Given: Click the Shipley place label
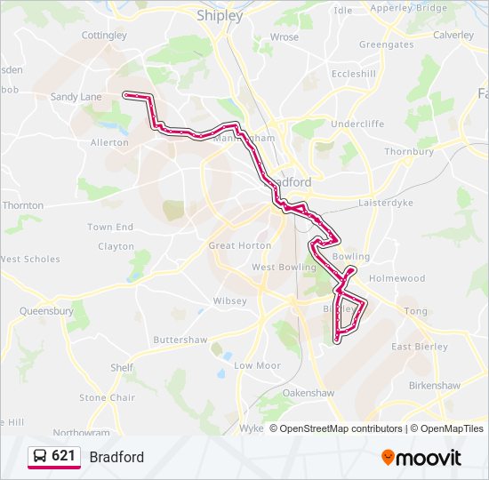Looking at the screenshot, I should click(219, 15).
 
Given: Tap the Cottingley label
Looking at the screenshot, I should click(104, 36).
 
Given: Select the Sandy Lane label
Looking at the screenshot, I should click(76, 97).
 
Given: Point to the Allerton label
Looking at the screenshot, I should click(109, 142).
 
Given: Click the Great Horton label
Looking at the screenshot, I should click(239, 245).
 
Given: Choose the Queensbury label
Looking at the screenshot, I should click(46, 311).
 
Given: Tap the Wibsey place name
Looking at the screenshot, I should click(229, 300).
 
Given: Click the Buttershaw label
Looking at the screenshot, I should click(180, 340).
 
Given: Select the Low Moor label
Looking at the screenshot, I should click(257, 365).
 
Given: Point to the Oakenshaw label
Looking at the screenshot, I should click(308, 392).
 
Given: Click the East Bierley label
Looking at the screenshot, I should click(420, 347).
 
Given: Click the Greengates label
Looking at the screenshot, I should click(386, 44).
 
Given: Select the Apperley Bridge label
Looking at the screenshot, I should click(408, 8).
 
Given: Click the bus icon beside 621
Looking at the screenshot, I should click(40, 456).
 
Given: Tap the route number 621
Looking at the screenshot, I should click(63, 456).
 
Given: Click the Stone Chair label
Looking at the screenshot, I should click(107, 398).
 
